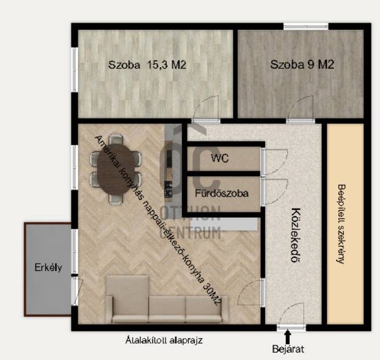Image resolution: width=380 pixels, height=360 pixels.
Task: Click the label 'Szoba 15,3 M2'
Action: [147, 65]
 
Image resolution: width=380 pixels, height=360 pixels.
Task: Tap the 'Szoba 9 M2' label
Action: [302, 65]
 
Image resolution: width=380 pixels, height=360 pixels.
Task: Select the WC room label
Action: [219, 158]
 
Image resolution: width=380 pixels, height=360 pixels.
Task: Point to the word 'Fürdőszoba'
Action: [222, 193]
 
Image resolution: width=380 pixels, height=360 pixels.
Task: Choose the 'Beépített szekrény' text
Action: [342, 224]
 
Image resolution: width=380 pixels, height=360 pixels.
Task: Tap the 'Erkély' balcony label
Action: [48, 267]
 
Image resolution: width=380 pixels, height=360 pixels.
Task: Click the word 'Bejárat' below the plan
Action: [288, 349]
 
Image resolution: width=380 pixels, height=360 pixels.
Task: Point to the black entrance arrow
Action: [288, 336]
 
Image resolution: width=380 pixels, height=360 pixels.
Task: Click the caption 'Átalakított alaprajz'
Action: [164, 340]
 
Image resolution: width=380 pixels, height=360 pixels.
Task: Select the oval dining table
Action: [116, 169]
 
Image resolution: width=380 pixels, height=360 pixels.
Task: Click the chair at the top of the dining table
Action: [116, 140]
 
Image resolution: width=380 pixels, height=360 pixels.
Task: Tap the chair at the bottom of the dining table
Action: [116, 199]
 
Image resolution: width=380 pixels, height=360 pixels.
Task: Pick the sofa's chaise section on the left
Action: [128, 298]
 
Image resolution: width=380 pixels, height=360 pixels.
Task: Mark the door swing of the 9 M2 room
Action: [301, 108]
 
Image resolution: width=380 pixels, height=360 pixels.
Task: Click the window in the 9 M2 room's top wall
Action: [306, 26]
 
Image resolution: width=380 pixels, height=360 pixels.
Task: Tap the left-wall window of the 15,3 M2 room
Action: [75, 70]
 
